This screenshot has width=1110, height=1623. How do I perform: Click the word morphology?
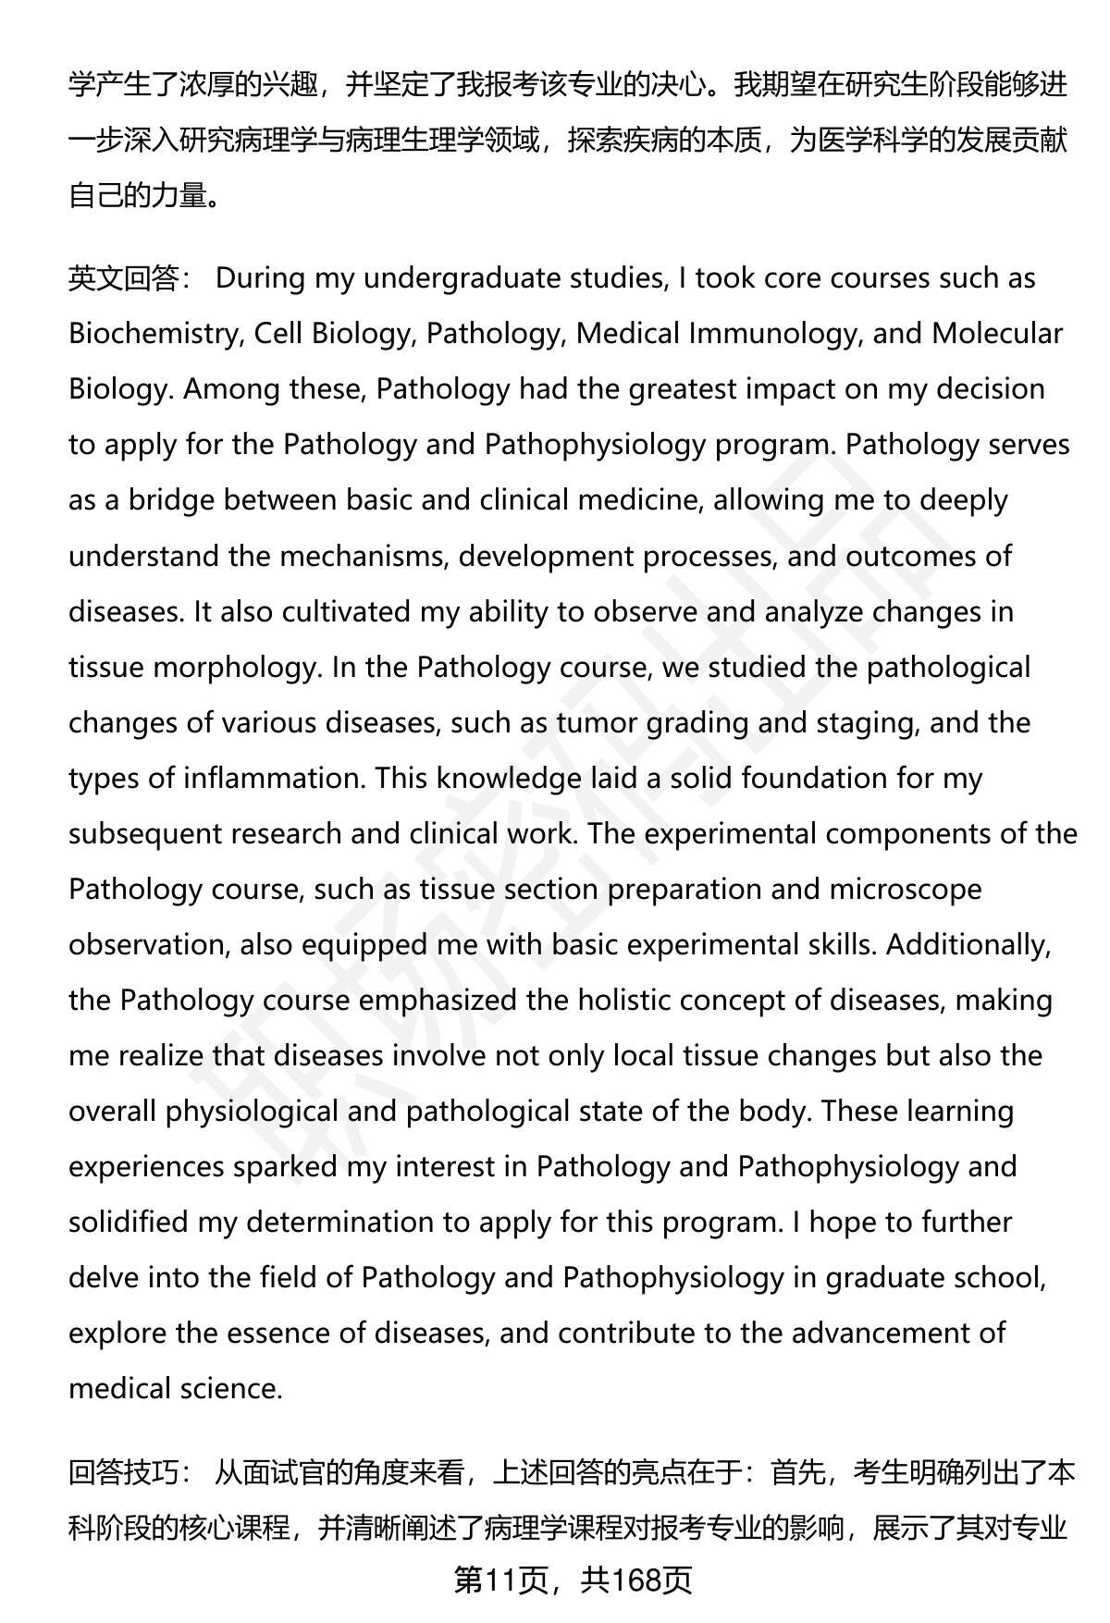pyautogui.click(x=235, y=667)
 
